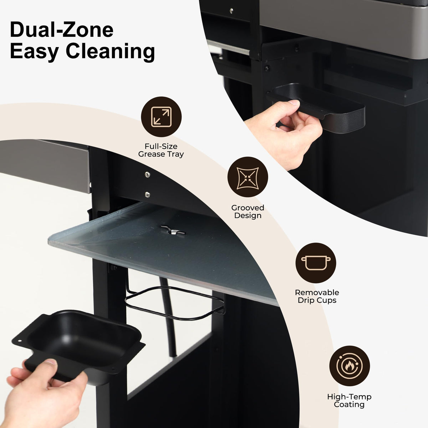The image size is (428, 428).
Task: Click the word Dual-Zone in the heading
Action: point(62,30)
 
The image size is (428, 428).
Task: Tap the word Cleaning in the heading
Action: point(110,51)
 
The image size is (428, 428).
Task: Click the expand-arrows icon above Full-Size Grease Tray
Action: point(161,117)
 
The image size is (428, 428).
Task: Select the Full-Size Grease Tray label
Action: point(161,150)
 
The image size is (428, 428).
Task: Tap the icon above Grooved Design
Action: point(248,177)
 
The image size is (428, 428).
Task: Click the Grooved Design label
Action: point(248,212)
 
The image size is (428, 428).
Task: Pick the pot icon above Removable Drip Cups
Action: point(316,263)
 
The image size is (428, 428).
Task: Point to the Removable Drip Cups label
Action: point(317,296)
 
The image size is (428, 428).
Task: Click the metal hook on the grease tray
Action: point(173,230)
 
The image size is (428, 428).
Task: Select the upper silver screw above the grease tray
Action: point(147,174)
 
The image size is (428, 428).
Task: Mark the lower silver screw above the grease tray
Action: point(147,195)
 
